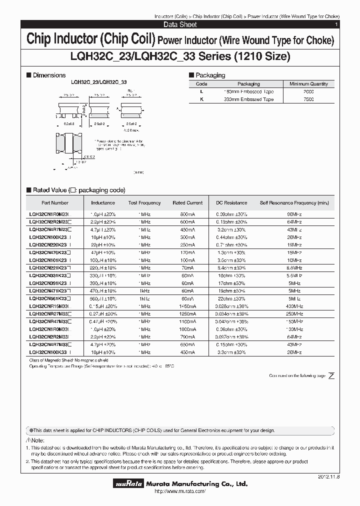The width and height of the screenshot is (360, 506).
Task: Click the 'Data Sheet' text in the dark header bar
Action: pos(180,24)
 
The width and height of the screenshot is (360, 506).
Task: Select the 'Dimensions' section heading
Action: pos(48,75)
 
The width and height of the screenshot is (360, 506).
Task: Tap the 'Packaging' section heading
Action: pos(210,75)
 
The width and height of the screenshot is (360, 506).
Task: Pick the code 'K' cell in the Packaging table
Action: pos(201,99)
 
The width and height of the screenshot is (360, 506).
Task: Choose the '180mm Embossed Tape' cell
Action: pos(248,92)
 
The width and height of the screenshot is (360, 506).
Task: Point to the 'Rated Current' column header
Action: pos(187,203)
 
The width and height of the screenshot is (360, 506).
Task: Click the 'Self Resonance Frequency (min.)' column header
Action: pos(294,203)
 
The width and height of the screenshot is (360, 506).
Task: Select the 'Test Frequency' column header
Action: pos(144,203)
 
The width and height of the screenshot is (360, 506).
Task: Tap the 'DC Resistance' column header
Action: pos(231,203)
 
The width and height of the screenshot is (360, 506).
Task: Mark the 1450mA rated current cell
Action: pos(187,306)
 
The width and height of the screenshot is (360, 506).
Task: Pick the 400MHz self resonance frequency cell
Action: pos(294,306)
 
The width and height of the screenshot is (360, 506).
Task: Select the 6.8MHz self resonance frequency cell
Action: pos(294,267)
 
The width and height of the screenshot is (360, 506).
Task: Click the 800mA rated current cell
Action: pos(187,213)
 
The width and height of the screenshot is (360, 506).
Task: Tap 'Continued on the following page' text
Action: pos(297,375)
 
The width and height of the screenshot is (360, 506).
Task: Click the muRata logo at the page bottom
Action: pos(129,484)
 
